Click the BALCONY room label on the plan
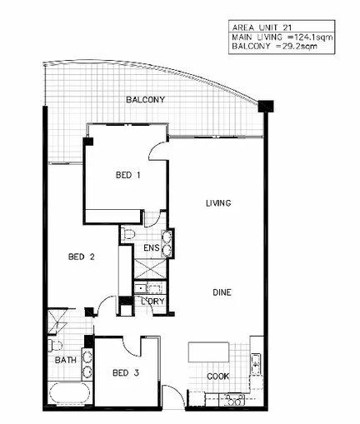click(x=145, y=100)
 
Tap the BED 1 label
click(x=127, y=175)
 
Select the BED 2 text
click(x=80, y=257)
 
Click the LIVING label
click(x=218, y=203)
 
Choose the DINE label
click(x=221, y=292)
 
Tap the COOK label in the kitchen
click(x=218, y=376)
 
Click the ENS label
click(x=151, y=247)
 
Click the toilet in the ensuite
click(x=127, y=236)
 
